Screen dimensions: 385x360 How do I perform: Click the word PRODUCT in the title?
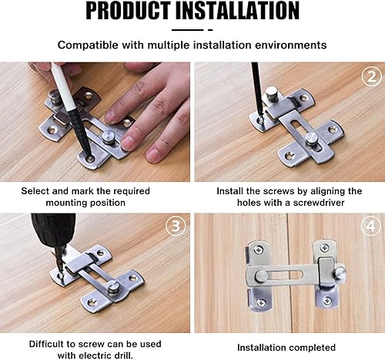(129, 11)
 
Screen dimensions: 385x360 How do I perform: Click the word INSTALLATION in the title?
(237, 11)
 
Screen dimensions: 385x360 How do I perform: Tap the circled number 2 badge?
(372, 76)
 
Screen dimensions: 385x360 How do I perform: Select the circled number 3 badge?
(176, 227)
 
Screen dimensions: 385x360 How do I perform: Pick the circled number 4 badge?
(371, 227)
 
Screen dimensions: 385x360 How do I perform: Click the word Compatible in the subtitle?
(88, 45)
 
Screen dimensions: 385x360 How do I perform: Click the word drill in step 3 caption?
(124, 355)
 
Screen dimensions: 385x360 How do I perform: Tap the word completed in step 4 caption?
(311, 348)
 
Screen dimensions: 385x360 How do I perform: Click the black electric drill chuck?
(53, 230)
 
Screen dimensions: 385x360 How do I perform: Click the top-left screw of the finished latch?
(258, 249)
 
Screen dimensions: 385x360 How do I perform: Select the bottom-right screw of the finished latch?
(327, 301)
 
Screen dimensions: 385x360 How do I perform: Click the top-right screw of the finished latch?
(325, 248)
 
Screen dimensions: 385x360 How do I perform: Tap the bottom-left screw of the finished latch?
(261, 302)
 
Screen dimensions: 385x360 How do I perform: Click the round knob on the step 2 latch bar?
(313, 139)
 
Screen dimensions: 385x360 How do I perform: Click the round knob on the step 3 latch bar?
(112, 285)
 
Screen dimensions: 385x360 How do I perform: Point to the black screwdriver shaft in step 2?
(257, 88)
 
